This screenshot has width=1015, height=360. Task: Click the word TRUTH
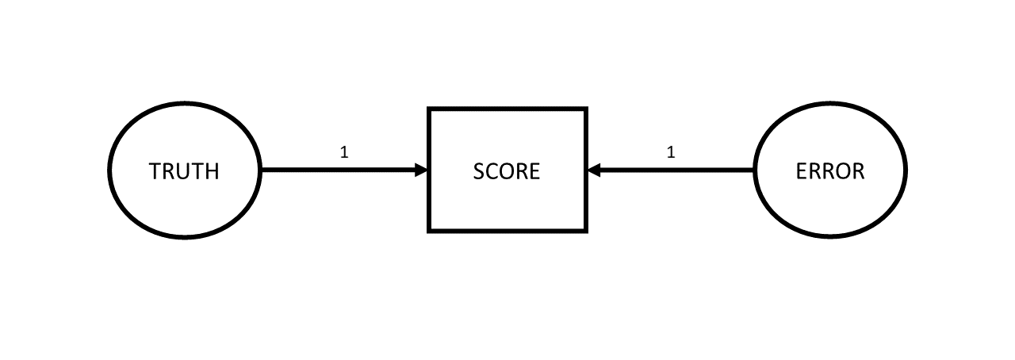pyautogui.click(x=184, y=171)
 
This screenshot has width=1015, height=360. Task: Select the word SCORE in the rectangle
pyautogui.click(x=507, y=171)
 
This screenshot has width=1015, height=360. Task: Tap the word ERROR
pyautogui.click(x=830, y=171)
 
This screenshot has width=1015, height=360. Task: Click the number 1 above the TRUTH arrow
pyautogui.click(x=344, y=152)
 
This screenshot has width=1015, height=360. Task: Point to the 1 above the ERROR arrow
pyautogui.click(x=671, y=152)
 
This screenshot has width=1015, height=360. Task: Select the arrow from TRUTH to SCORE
pyautogui.click(x=344, y=170)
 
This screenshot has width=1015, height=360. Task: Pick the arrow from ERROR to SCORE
pyautogui.click(x=671, y=170)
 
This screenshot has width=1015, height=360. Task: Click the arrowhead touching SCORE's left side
pyautogui.click(x=422, y=170)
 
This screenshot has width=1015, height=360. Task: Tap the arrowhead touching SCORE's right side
pyautogui.click(x=594, y=170)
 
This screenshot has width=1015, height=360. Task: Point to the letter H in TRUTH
pyautogui.click(x=212, y=171)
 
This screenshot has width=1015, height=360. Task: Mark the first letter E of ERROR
pyautogui.click(x=801, y=171)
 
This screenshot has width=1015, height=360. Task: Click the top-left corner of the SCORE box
pyautogui.click(x=429, y=109)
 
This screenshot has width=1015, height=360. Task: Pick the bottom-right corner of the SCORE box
pyautogui.click(x=587, y=232)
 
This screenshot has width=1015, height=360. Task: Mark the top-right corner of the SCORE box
pyautogui.click(x=587, y=109)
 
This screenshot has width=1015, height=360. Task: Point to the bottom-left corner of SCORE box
pyautogui.click(x=429, y=232)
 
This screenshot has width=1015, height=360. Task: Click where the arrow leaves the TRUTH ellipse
pyautogui.click(x=262, y=170)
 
